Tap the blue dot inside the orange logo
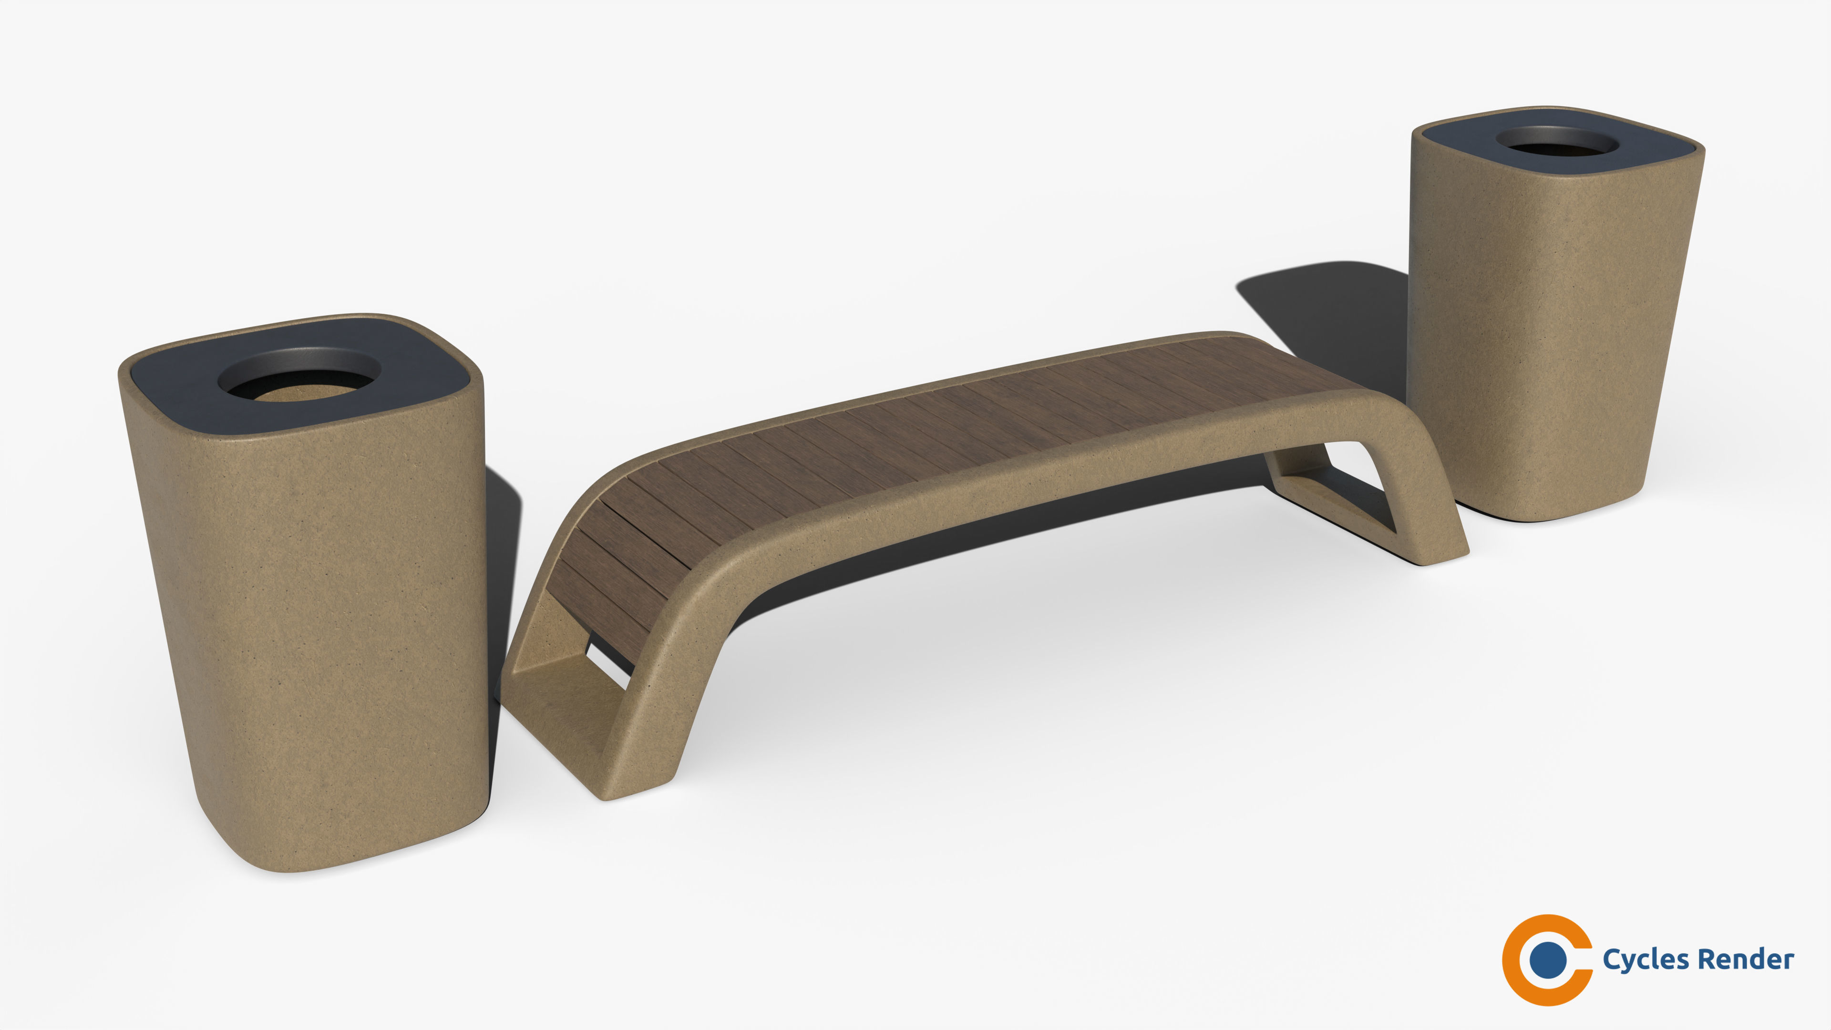(1547, 959)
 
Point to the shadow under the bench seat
(924, 569)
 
